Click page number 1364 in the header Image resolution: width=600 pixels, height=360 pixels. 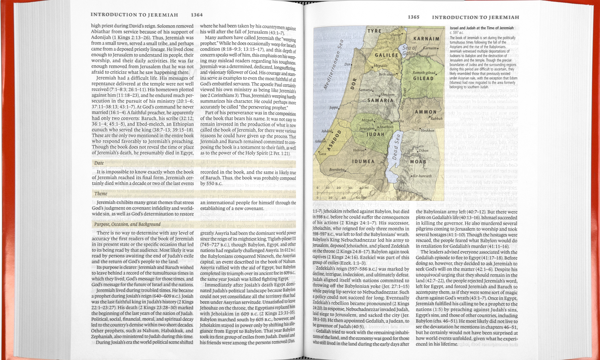click(x=197, y=15)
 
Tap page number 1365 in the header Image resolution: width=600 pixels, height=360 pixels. click(x=413, y=17)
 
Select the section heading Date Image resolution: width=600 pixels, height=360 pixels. click(x=99, y=163)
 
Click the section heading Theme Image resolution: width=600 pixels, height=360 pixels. click(x=100, y=193)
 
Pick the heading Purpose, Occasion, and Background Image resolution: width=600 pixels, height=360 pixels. click(x=127, y=224)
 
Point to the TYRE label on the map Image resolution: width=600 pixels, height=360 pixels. click(x=374, y=31)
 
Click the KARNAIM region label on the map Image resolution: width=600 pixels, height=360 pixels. click(x=426, y=39)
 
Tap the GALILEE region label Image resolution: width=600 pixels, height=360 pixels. click(x=386, y=56)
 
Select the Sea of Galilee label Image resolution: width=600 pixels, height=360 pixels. click(x=409, y=51)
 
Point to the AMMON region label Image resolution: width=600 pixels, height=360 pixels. click(x=426, y=112)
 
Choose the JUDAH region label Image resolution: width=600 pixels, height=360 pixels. click(x=376, y=134)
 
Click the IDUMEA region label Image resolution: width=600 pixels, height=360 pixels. click(x=363, y=161)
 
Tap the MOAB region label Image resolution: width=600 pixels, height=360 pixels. click(x=418, y=162)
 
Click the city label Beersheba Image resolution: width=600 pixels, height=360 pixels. click(x=337, y=170)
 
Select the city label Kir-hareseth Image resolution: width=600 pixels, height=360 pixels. click(x=422, y=176)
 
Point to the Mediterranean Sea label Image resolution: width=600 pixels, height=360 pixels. click(x=333, y=65)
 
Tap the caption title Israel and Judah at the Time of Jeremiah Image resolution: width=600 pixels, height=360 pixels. click(x=482, y=28)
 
